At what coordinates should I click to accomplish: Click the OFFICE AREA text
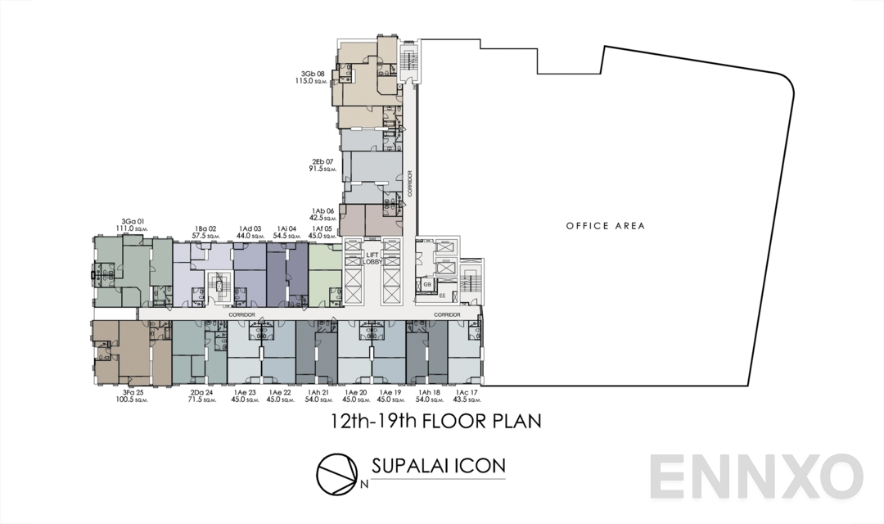pyautogui.click(x=607, y=226)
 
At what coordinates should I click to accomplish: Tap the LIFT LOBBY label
pyautogui.click(x=372, y=257)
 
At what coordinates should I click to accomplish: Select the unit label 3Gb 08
pyautogui.click(x=313, y=74)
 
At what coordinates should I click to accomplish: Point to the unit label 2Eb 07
pyautogui.click(x=322, y=162)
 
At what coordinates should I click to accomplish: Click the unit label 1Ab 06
pyautogui.click(x=322, y=210)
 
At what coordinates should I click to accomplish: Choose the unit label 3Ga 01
pyautogui.click(x=133, y=221)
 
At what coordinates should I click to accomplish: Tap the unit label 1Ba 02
pyautogui.click(x=205, y=228)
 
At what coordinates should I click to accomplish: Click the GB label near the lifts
pyautogui.click(x=427, y=284)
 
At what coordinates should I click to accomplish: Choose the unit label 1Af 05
pyautogui.click(x=322, y=228)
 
